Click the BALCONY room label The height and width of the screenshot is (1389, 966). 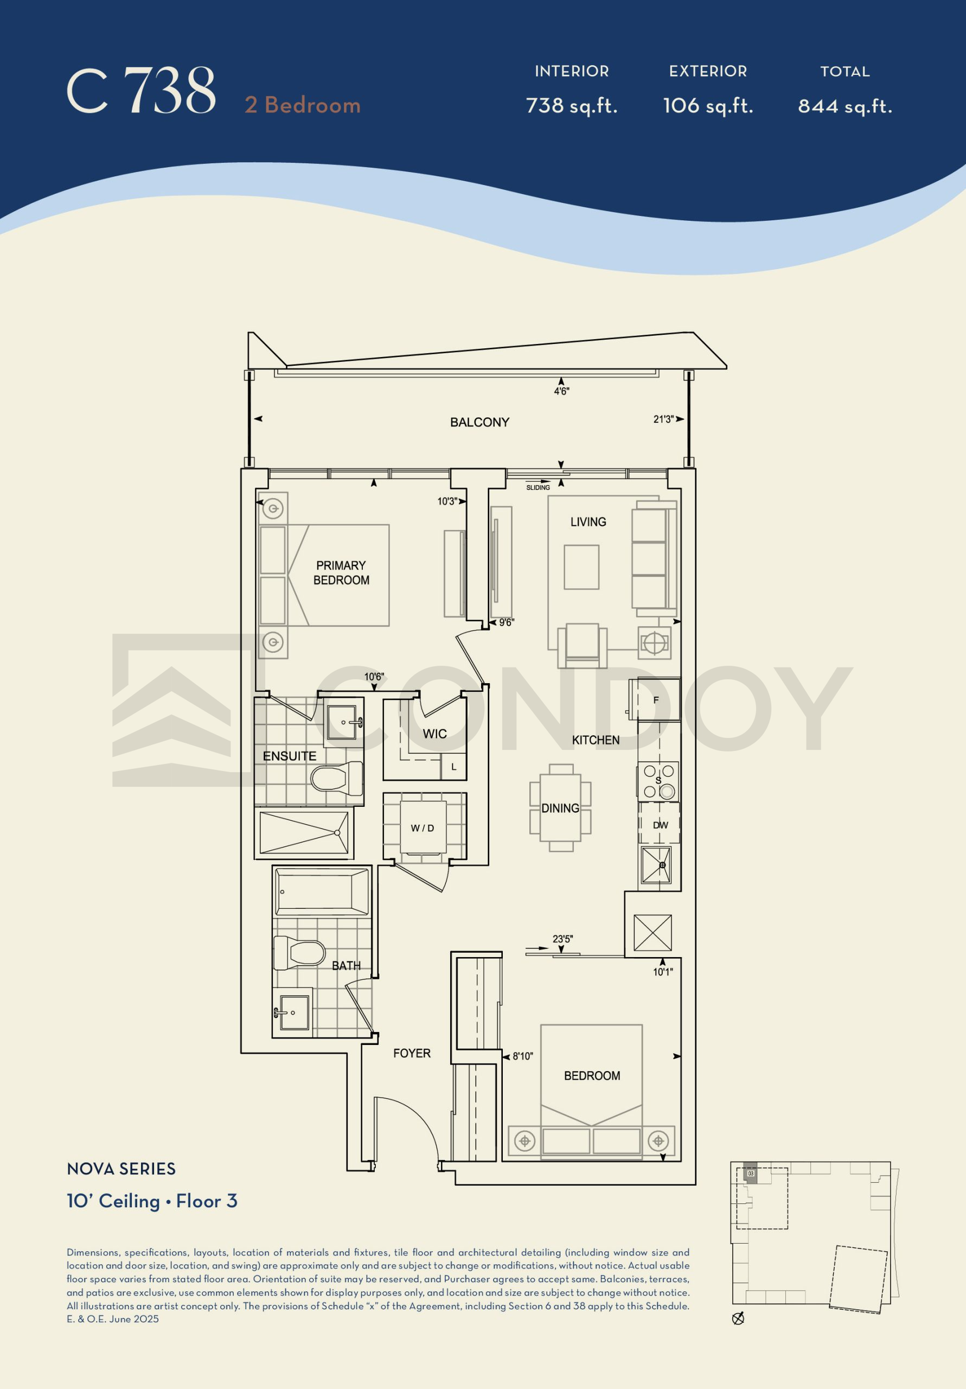pyautogui.click(x=479, y=422)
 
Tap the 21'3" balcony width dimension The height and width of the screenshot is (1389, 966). pyautogui.click(x=663, y=419)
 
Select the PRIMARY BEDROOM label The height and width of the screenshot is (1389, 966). pyautogui.click(x=341, y=572)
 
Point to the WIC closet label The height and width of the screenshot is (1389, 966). pyautogui.click(x=435, y=734)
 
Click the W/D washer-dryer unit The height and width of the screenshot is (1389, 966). pyautogui.click(x=424, y=827)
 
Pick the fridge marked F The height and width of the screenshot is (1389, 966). pyautogui.click(x=656, y=699)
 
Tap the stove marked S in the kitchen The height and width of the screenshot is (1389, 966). pyautogui.click(x=658, y=782)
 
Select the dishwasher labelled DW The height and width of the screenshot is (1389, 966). pyautogui.click(x=660, y=825)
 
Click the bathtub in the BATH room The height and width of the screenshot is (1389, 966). pyautogui.click(x=322, y=891)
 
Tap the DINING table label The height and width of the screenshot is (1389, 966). pyautogui.click(x=560, y=808)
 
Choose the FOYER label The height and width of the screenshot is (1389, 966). pyautogui.click(x=412, y=1053)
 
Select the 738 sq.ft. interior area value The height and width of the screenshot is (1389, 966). pyautogui.click(x=572, y=106)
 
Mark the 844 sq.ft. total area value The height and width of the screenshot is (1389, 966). pyautogui.click(x=845, y=106)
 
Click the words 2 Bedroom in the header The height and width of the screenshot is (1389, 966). pyautogui.click(x=303, y=105)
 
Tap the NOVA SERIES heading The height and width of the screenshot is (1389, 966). pyautogui.click(x=121, y=1169)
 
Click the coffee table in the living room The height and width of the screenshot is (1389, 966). pyautogui.click(x=581, y=567)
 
